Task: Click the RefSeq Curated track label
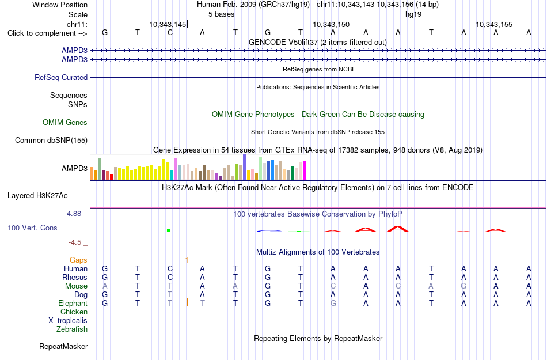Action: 61,77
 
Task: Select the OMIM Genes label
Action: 65,123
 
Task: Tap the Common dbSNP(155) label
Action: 51,140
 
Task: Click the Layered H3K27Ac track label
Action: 37,196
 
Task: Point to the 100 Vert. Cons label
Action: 32,228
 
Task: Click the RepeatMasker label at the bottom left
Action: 63,346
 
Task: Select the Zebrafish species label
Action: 72,329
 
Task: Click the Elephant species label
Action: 73,303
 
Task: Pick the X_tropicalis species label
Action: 68,321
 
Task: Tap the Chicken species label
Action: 74,312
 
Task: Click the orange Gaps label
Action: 78,260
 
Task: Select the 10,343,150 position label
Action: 331,24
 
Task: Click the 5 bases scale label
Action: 222,14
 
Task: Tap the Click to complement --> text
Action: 47,33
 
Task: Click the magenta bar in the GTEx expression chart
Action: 305,170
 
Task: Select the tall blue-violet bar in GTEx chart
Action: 245,167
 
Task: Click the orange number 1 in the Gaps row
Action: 187,260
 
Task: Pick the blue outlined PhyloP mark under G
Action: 269,231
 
